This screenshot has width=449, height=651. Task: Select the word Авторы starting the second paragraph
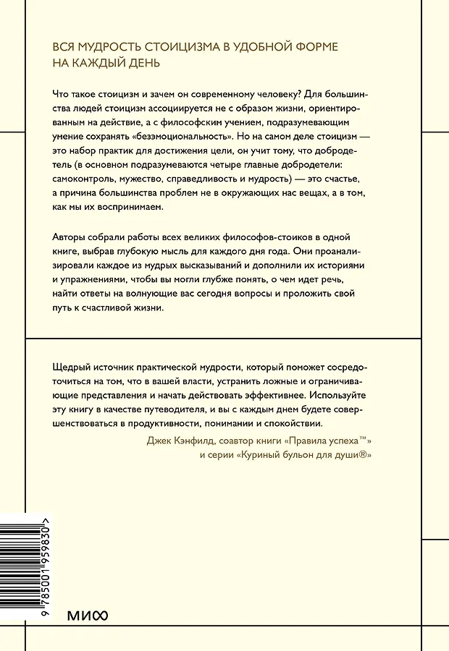pos(73,239)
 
